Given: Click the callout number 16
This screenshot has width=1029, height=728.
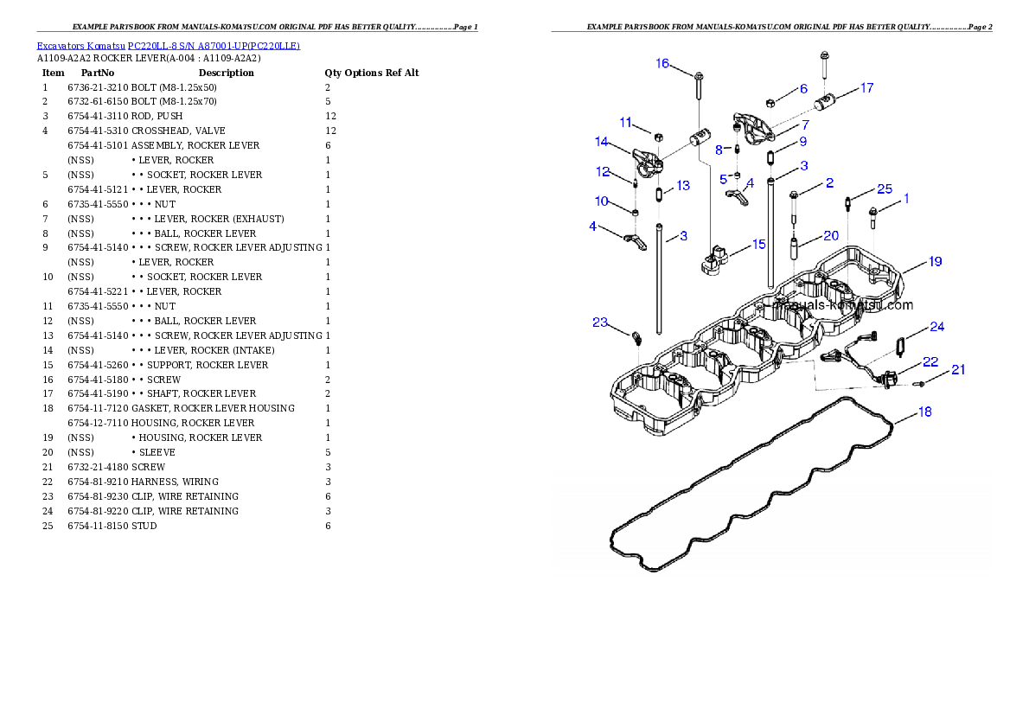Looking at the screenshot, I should [662, 63].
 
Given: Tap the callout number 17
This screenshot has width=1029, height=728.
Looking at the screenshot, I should [866, 87].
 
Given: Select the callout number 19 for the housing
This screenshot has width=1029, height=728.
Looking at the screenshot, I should [936, 261].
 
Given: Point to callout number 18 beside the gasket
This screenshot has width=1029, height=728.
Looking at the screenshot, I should [924, 412].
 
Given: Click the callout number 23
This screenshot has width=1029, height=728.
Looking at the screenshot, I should [600, 322].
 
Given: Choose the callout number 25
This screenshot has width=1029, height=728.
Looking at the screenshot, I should [884, 188].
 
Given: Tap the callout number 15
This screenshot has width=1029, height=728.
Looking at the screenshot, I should [758, 245].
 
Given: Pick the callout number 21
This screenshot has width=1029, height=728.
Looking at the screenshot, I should [958, 369].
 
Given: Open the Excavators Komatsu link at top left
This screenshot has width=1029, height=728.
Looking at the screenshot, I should [168, 46].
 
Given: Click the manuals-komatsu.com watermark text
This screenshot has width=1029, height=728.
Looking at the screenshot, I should [842, 305].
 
